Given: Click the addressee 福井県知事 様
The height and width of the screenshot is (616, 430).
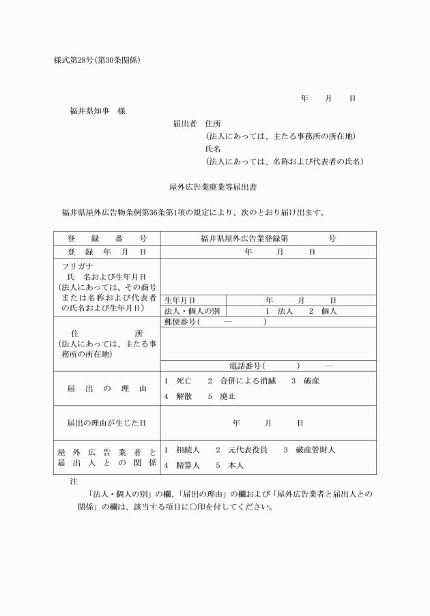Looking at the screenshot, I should coord(98,111).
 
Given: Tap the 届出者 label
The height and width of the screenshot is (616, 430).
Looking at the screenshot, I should coord(185,124).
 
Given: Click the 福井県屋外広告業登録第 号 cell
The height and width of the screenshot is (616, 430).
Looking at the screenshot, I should coord(268,239).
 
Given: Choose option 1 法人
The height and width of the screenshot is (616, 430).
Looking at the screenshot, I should coord(279,311).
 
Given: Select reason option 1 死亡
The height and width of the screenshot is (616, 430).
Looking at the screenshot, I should coord(178,381).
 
